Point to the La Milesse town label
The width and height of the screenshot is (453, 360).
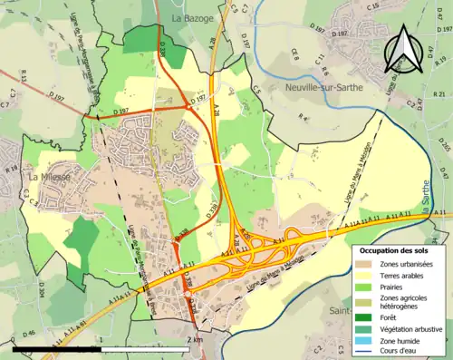tap(51, 178)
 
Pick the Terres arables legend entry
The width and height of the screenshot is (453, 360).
tap(399, 275)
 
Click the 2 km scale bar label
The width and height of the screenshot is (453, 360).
tap(195, 340)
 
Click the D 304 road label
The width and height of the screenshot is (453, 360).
tap(42, 290)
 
